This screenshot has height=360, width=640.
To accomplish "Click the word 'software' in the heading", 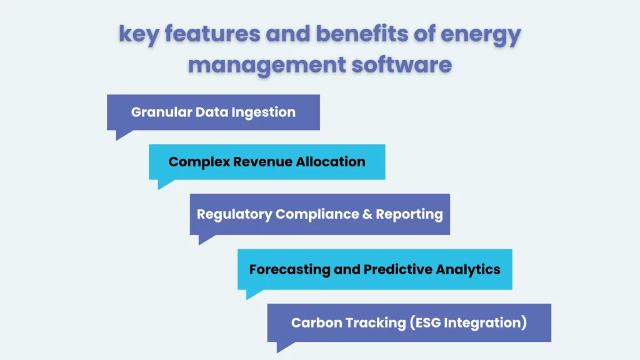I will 400,64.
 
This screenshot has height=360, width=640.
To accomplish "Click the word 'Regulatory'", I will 234,214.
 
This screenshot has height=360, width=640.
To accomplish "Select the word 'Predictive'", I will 397,269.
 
